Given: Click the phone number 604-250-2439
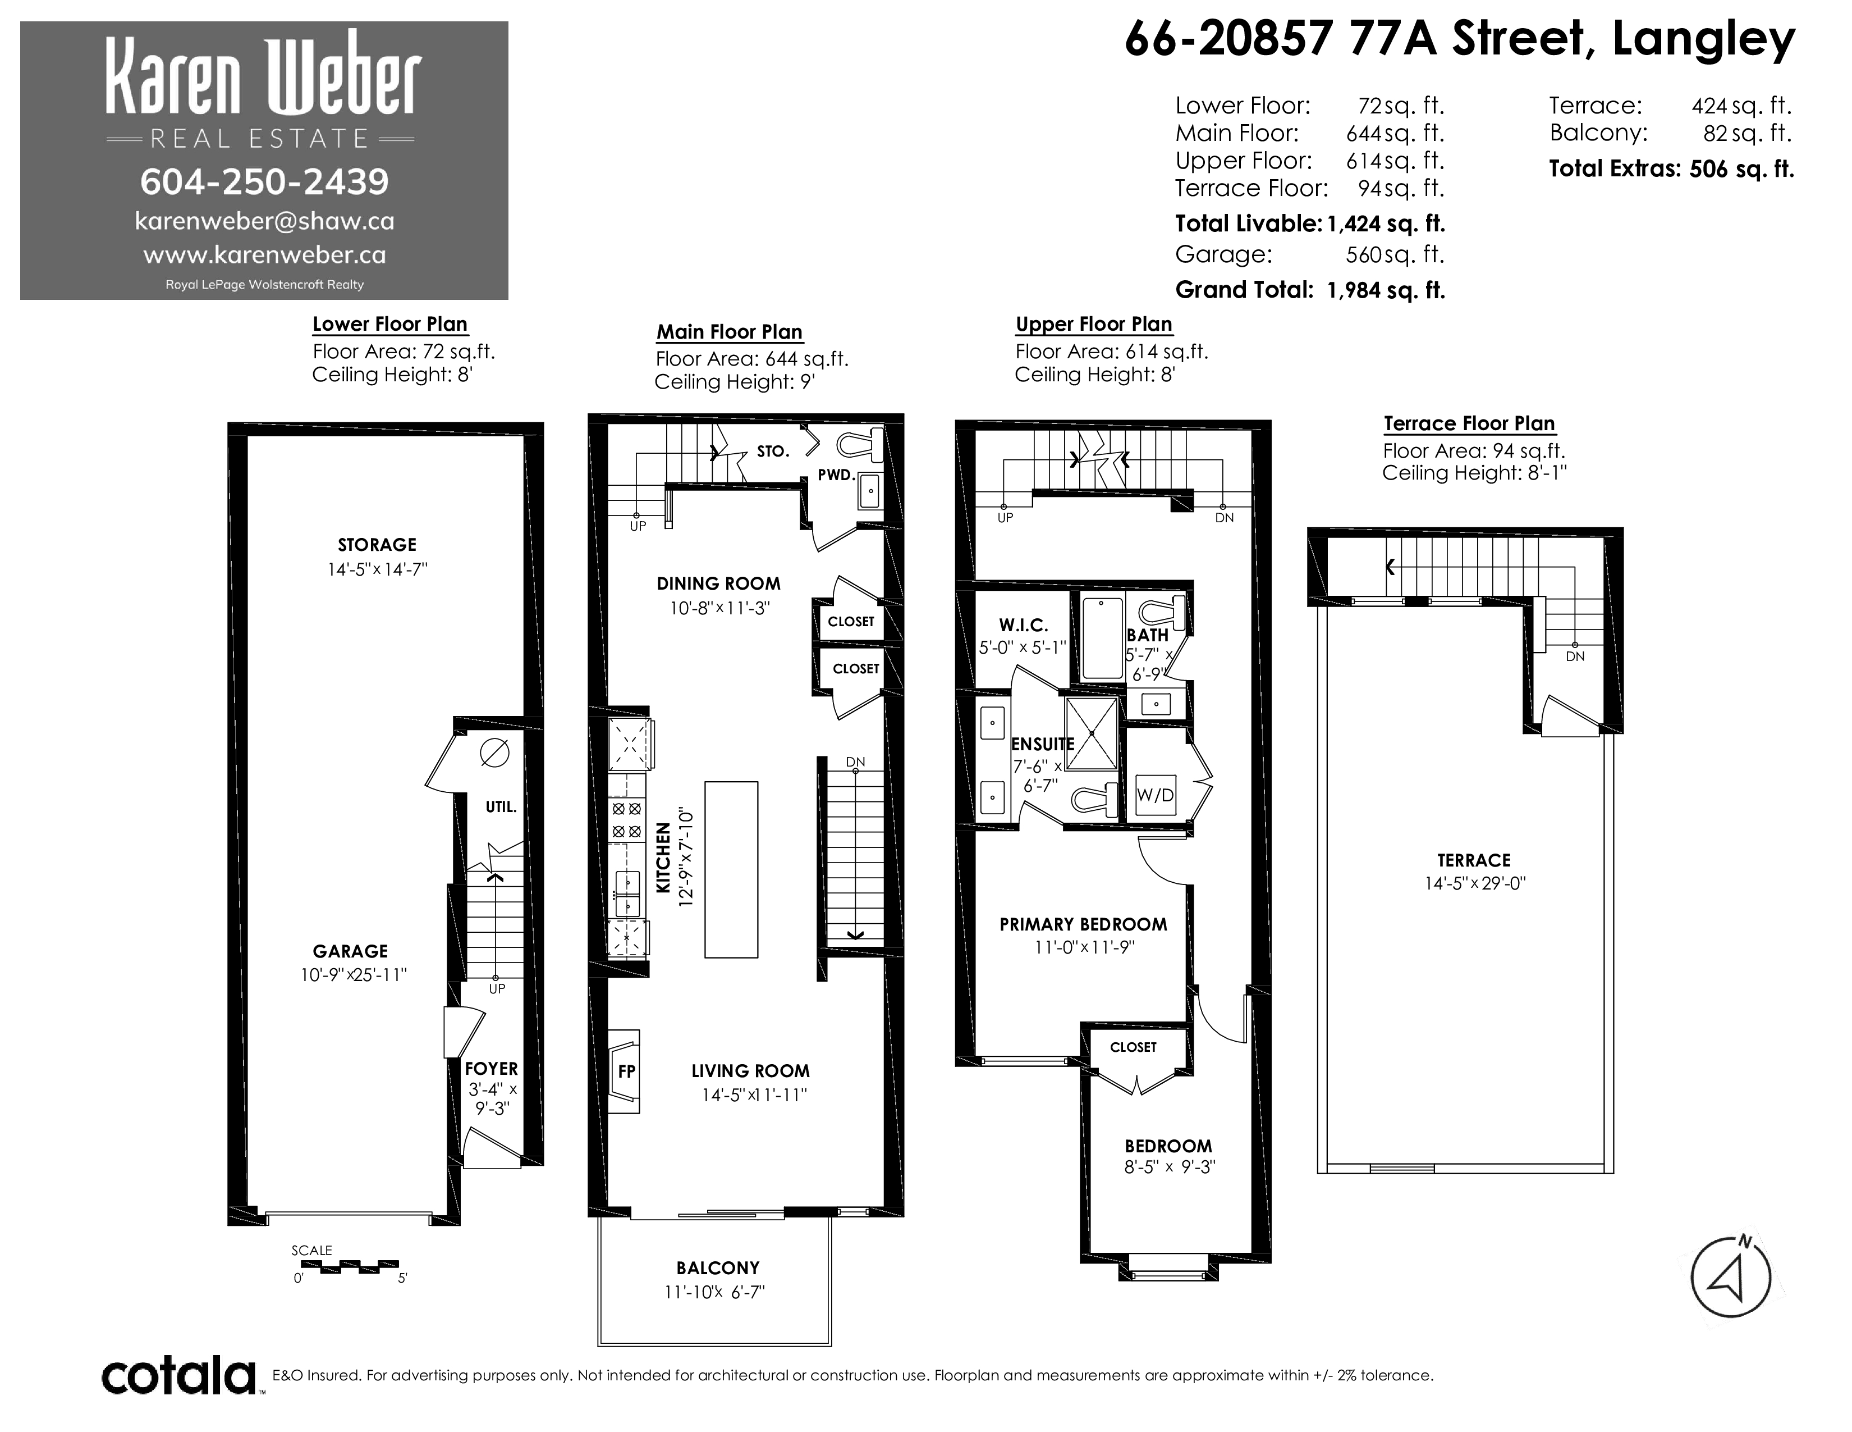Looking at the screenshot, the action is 264,181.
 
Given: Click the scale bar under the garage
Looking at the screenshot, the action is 350,1266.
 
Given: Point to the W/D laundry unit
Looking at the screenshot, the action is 1156,795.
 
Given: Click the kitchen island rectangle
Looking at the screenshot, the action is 731,869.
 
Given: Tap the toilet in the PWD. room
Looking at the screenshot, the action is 860,445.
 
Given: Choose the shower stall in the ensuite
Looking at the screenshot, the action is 1092,734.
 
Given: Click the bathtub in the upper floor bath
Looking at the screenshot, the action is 1102,638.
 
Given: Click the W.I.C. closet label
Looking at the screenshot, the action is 1024,625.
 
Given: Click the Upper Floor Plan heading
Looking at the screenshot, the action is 1094,324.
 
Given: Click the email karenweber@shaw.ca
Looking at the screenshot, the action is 264,221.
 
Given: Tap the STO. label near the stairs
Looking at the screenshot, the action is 773,452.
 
